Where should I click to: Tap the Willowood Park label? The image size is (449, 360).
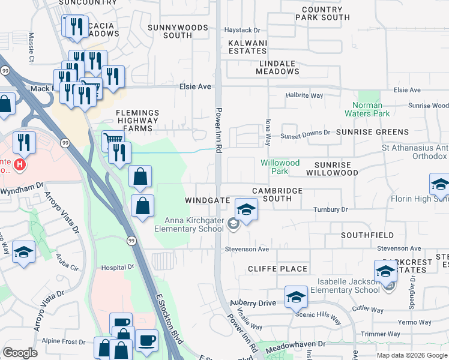(x=280, y=167)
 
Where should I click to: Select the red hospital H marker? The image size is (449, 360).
(x=20, y=164)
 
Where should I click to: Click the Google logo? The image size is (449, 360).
(x=20, y=353)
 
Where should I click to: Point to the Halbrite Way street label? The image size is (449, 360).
(x=304, y=95)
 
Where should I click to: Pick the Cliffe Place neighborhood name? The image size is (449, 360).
(x=277, y=269)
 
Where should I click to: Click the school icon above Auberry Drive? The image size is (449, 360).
(x=296, y=297)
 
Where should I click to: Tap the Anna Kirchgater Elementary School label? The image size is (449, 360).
(x=189, y=224)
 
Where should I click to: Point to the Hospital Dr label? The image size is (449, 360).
(x=117, y=267)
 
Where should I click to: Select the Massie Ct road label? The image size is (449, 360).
(x=31, y=47)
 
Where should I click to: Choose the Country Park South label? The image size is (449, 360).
(x=322, y=13)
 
